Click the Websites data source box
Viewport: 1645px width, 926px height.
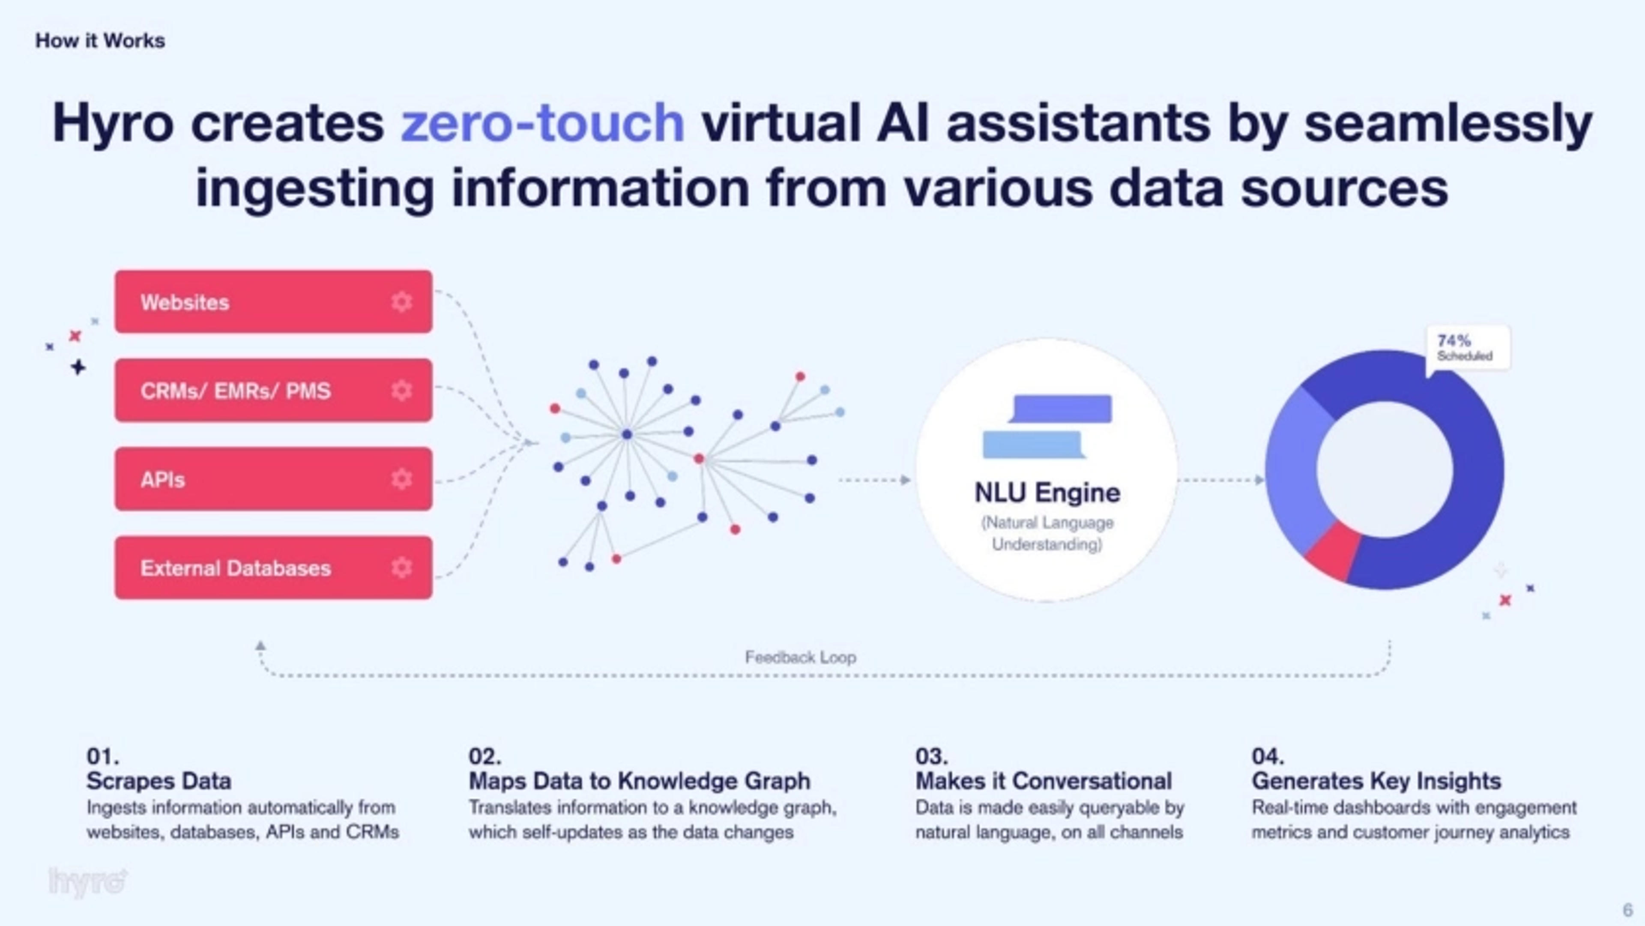pyautogui.click(x=273, y=302)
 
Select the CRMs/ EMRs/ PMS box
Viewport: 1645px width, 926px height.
pyautogui.click(x=273, y=390)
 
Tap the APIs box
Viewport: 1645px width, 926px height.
pyautogui.click(x=273, y=479)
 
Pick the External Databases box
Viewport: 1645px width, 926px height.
pyautogui.click(x=273, y=568)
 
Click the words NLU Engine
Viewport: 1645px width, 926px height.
pyautogui.click(x=1047, y=493)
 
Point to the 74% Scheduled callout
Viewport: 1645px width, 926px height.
pyautogui.click(x=1468, y=347)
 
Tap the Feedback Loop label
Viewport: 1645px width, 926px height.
pyautogui.click(x=800, y=657)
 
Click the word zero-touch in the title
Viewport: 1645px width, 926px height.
pyautogui.click(x=543, y=122)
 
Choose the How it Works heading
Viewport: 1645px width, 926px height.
pyautogui.click(x=100, y=41)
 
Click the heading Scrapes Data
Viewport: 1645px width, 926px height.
pyautogui.click(x=159, y=780)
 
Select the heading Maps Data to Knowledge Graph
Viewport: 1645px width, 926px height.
pyautogui.click(x=639, y=780)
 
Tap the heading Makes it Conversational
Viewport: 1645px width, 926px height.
pyautogui.click(x=1044, y=780)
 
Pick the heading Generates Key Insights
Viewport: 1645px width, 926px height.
pyautogui.click(x=1376, y=780)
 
